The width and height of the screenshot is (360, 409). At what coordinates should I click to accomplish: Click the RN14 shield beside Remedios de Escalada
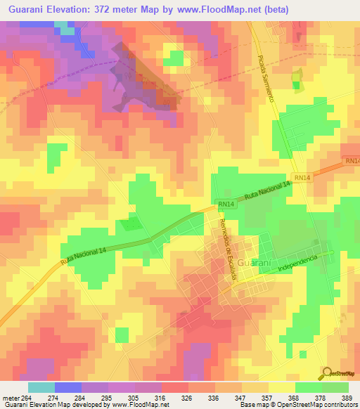[x=225, y=204]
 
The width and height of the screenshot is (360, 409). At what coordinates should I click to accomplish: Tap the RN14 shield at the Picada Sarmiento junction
[x=301, y=178]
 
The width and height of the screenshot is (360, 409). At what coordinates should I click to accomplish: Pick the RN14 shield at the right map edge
[x=352, y=161]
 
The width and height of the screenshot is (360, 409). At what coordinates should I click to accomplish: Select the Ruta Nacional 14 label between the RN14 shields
[x=267, y=190]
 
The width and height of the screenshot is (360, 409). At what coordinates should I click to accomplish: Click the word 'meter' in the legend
[x=10, y=398]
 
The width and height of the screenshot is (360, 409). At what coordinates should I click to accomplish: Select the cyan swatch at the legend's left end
[x=41, y=387]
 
